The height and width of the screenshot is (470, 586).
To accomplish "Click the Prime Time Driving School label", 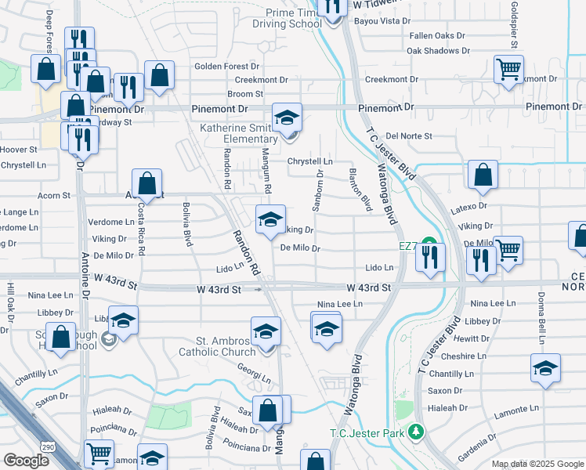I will tap(288, 18).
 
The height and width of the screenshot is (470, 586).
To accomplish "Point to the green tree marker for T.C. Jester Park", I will tap(418, 432).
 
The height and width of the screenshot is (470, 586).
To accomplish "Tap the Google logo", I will tap(26, 461).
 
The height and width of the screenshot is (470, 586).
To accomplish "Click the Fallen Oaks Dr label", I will tap(437, 36).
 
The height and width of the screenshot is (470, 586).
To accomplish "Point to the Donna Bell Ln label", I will tap(541, 309).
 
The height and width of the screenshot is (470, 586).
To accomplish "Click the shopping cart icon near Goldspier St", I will tap(508, 68).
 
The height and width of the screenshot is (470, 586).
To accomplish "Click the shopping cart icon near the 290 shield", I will tap(99, 453).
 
